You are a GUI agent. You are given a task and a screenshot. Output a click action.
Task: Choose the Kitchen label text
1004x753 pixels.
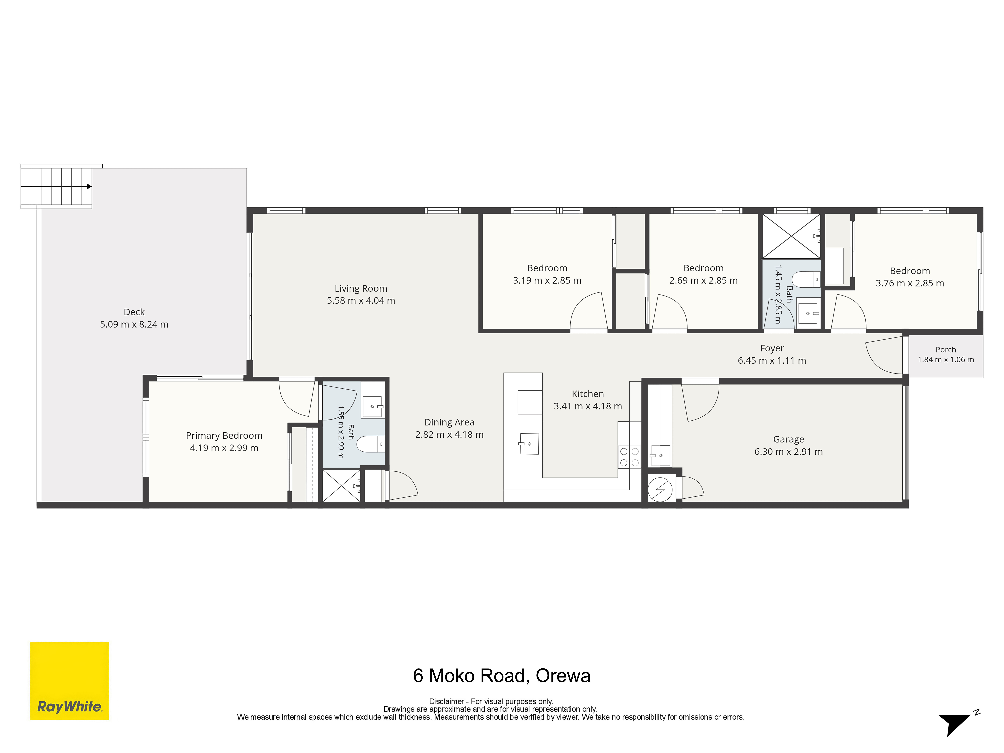tap(588, 394)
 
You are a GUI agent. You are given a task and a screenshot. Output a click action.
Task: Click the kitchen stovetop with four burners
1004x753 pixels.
tap(629, 457)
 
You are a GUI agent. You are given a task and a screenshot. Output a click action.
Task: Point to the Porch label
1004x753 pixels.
tap(946, 350)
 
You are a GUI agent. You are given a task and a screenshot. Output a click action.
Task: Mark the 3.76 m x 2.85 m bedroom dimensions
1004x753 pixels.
tap(910, 283)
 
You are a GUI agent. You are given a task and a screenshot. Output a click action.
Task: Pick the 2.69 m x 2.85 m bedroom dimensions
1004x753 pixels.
tap(704, 281)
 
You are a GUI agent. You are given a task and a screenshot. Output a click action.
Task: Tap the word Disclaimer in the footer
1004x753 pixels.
tap(447, 701)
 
